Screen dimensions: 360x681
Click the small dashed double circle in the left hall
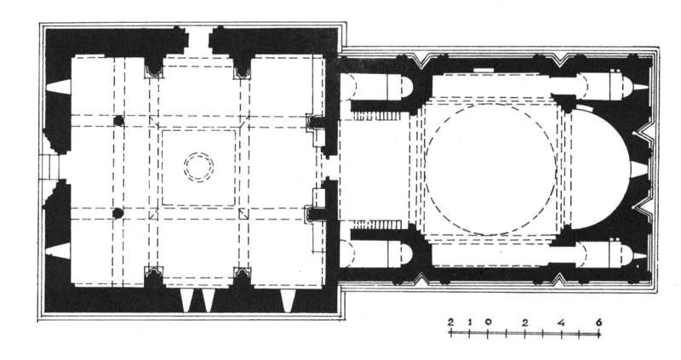pos(198,166)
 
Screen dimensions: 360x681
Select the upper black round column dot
pos(118,121)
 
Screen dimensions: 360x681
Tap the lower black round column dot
pos(118,212)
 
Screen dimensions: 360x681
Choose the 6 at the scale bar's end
pos(600,322)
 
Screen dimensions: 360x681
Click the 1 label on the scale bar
pos(468,322)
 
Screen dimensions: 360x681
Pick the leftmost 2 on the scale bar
pos(449,322)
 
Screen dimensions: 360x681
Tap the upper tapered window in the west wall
pos(59,86)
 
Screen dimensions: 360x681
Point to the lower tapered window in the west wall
pos(59,249)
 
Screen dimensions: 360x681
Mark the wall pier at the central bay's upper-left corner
pos(154,67)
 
